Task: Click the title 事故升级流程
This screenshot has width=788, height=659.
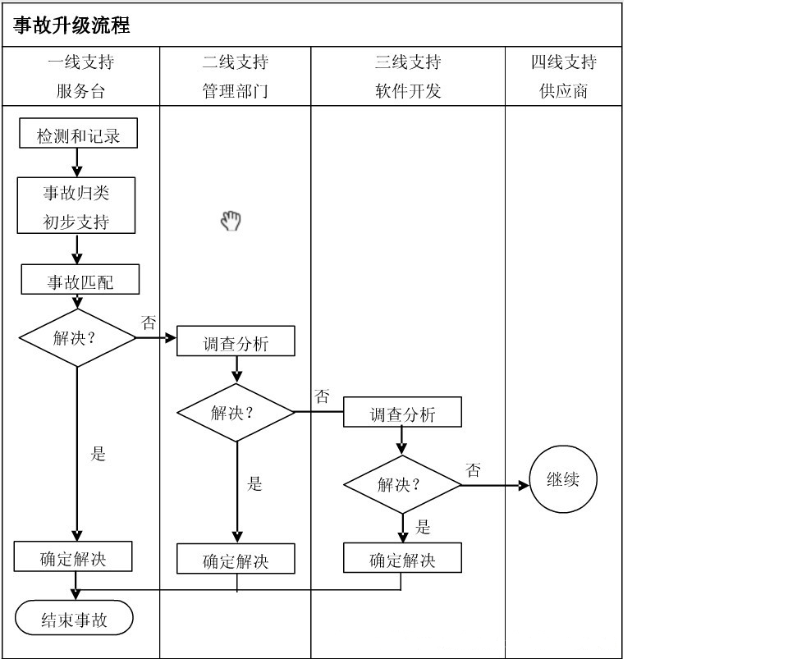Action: (x=72, y=25)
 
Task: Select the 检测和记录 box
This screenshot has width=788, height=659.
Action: (x=78, y=135)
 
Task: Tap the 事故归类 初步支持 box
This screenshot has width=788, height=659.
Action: (x=76, y=206)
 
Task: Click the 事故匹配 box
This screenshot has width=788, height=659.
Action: (x=80, y=281)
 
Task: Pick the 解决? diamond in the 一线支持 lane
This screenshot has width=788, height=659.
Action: (x=76, y=337)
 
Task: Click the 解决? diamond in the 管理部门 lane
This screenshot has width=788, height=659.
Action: (x=236, y=412)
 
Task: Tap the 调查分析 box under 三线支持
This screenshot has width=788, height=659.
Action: (x=402, y=413)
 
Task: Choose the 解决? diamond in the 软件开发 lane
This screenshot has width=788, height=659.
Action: (x=401, y=484)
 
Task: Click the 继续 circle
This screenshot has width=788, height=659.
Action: (x=563, y=480)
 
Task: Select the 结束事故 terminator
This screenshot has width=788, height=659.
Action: (x=74, y=620)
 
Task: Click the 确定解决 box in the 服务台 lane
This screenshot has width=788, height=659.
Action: (x=74, y=558)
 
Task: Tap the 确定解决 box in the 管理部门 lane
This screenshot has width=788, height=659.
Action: (x=236, y=561)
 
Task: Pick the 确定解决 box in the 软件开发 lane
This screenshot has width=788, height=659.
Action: (x=402, y=560)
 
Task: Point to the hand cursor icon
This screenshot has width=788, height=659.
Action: (x=231, y=220)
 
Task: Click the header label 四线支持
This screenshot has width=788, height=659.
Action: (x=563, y=62)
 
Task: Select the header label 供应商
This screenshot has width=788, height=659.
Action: (x=563, y=91)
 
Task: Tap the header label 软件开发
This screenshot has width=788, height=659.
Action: (x=408, y=91)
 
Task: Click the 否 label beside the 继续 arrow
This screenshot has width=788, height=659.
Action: (x=474, y=470)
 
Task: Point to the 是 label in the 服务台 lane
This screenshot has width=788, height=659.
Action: (x=98, y=454)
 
